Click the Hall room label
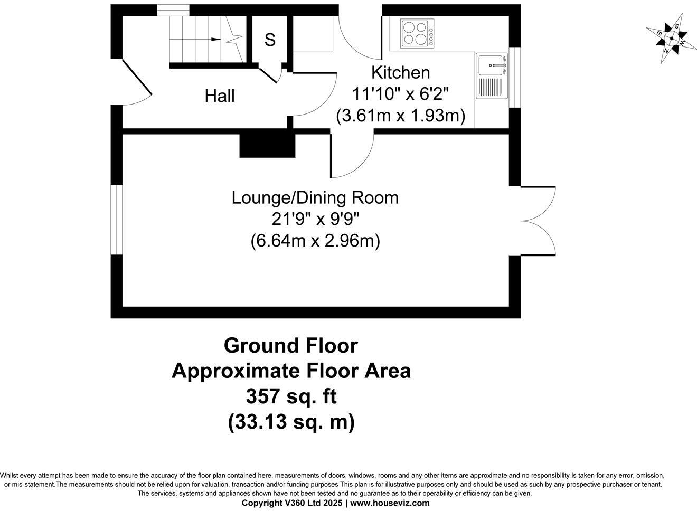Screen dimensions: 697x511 [x=219, y=96]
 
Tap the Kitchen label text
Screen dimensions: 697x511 [x=401, y=73]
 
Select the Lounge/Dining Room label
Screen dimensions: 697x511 [x=315, y=198]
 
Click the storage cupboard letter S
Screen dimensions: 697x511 [x=270, y=40]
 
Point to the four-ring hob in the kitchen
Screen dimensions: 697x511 [x=417, y=33]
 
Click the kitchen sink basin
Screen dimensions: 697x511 [x=491, y=65]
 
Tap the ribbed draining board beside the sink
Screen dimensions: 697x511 [x=491, y=87]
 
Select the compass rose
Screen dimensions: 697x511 [x=671, y=39]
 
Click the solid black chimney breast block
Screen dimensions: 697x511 [x=267, y=146]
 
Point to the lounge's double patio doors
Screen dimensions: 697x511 [x=538, y=221]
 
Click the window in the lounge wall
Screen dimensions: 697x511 [x=117, y=220]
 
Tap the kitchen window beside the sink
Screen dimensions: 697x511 [x=515, y=78]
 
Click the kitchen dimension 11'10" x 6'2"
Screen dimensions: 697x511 [x=401, y=94]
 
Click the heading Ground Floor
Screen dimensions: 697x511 [x=291, y=346]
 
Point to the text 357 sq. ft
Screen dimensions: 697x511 [x=291, y=396]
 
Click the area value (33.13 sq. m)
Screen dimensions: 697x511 [x=291, y=422]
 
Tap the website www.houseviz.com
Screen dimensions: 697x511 [x=390, y=503]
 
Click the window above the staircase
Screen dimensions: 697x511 [x=173, y=10]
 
